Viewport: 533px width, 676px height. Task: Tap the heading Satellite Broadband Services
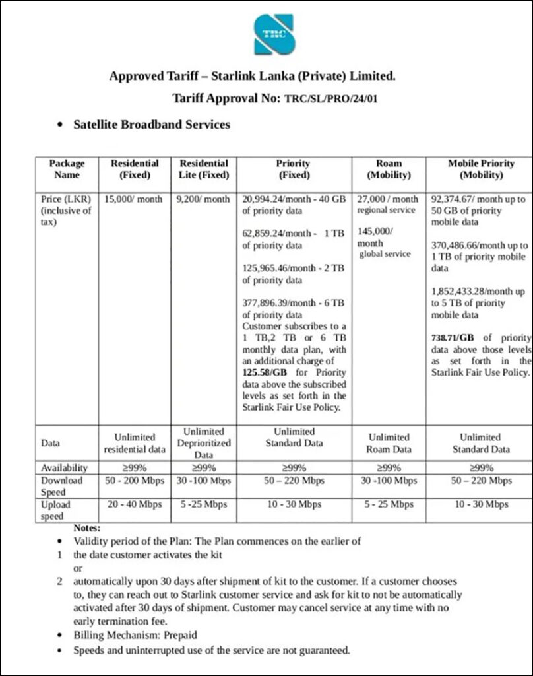[x=152, y=124]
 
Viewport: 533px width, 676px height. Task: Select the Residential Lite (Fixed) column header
[x=204, y=169]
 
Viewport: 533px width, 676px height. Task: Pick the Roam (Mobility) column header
[x=388, y=169]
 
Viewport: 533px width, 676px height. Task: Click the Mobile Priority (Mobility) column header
[x=480, y=169]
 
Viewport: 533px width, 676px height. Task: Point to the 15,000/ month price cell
[x=133, y=199]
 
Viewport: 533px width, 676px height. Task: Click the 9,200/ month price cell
[x=203, y=199]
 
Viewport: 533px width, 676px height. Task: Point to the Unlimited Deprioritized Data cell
[x=203, y=443]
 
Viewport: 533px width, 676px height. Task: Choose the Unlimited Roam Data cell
[x=389, y=443]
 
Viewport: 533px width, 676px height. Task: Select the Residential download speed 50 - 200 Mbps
[x=133, y=481]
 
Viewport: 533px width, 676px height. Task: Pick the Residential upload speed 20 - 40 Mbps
[x=133, y=504]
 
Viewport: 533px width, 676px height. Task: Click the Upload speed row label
[x=55, y=510]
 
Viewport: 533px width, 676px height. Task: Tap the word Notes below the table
[x=86, y=528]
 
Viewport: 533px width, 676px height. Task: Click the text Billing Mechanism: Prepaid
[x=135, y=635]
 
